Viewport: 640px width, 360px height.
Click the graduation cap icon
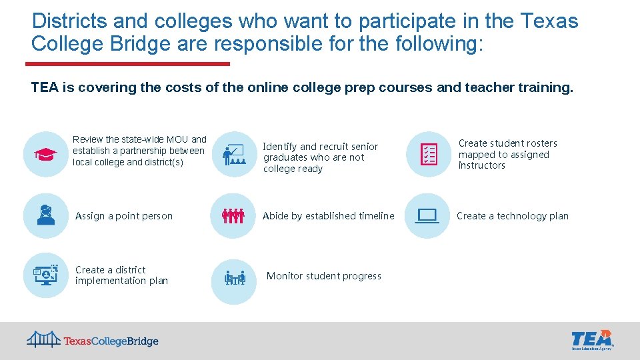pyautogui.click(x=45, y=154)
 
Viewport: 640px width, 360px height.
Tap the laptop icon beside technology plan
pyautogui.click(x=427, y=215)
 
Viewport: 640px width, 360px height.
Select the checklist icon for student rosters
pyautogui.click(x=428, y=154)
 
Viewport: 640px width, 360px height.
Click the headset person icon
pyautogui.click(x=45, y=215)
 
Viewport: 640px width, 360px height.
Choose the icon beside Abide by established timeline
pyautogui.click(x=233, y=215)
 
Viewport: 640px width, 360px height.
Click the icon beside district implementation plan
pyautogui.click(x=45, y=275)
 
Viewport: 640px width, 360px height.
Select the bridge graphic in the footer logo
pyautogui.click(x=44, y=339)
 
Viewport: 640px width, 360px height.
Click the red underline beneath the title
pyautogui.click(x=127, y=64)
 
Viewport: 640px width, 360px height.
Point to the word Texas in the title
pyautogui.click(x=549, y=21)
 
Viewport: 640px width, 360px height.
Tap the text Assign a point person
pyautogui.click(x=124, y=216)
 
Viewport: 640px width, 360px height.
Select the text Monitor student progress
pyautogui.click(x=324, y=276)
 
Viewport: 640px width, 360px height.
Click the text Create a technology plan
pyautogui.click(x=513, y=216)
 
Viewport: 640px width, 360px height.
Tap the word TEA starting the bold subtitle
pyautogui.click(x=45, y=87)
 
